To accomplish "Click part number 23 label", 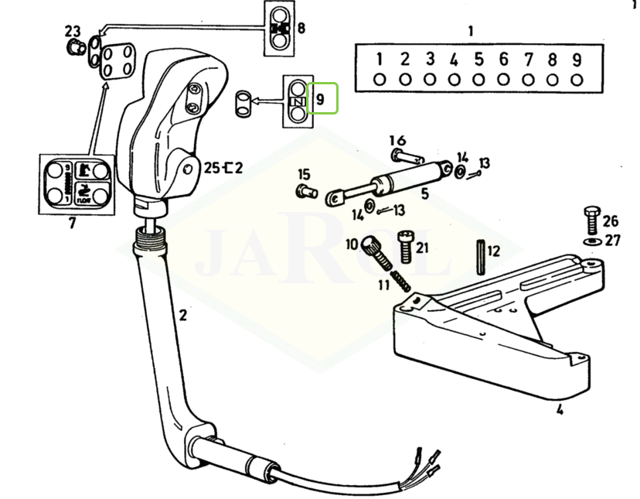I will coord(72,31).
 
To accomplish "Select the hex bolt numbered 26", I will coord(590,221).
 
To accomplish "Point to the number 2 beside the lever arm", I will coord(182,315).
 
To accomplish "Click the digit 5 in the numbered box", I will coord(478,60).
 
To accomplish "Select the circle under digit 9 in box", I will coord(577,78).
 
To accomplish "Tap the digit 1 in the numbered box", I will coord(380,60).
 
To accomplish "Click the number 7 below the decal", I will coord(72,224).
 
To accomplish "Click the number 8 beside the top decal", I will coord(300,29).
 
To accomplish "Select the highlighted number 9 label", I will coord(322,98).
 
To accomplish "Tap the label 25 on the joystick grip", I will coord(212,167).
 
